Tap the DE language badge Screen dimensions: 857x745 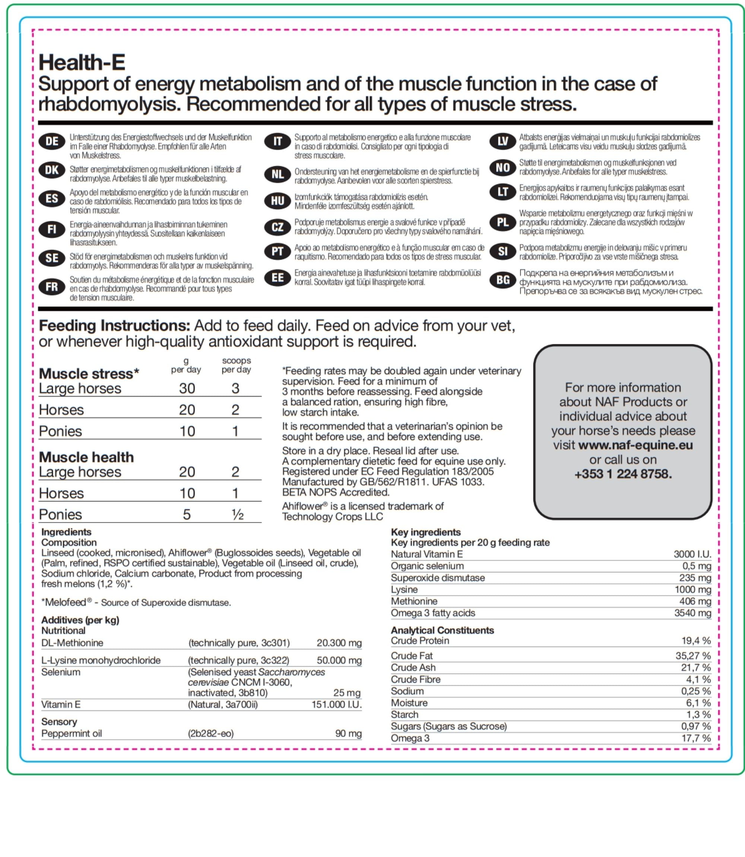point(52,141)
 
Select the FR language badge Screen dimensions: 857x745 point(52,287)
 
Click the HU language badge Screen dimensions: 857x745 point(277,201)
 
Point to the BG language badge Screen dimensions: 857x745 point(503,280)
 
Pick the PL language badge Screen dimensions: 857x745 point(503,222)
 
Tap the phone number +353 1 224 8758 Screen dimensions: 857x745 point(623,474)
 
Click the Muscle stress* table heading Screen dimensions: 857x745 point(89,373)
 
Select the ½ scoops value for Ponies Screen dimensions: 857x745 point(237,515)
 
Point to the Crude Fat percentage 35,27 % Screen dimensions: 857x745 point(692,655)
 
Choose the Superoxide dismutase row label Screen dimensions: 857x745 point(437,578)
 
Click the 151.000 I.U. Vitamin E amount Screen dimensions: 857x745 point(336,704)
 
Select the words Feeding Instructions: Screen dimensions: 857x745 point(114,325)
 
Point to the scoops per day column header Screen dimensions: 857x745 point(236,365)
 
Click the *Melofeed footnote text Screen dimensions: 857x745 point(136,602)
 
